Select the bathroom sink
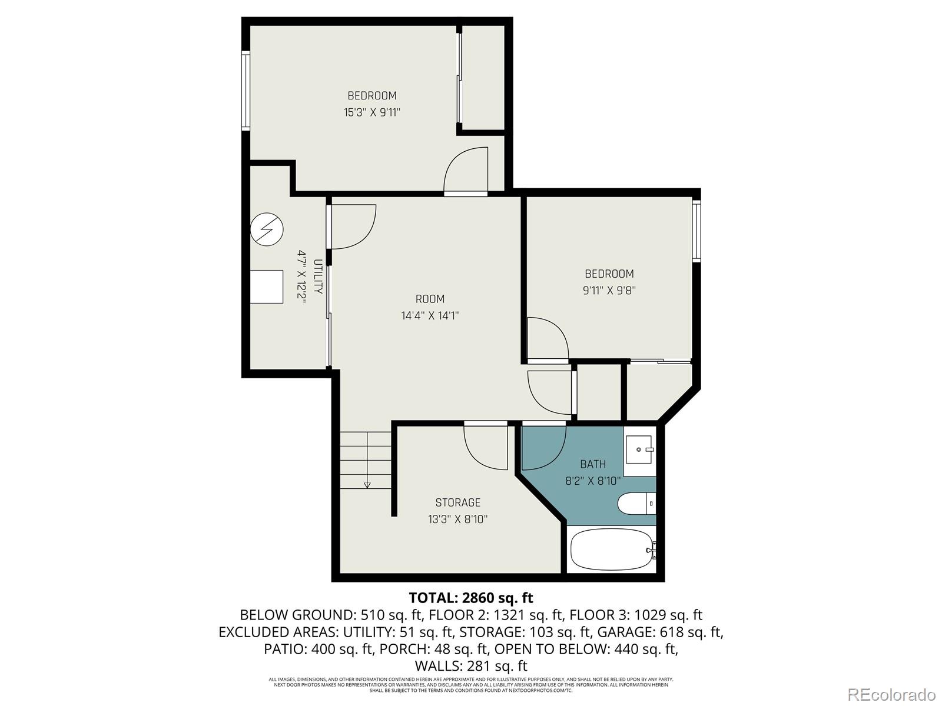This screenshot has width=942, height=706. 639,449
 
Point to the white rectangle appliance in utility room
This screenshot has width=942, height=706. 266,287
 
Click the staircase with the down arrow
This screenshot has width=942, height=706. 366,459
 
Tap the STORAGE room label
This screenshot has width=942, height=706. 457,502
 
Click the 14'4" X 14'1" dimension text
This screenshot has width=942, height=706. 430,316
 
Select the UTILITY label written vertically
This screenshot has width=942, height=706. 318,277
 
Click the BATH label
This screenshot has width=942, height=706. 592,464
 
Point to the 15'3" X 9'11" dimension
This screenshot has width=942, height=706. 372,112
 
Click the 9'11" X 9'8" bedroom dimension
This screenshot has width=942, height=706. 609,291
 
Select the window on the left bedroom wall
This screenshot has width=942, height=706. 246,89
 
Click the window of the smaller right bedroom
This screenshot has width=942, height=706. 696,231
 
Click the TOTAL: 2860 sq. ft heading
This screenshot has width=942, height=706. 470,598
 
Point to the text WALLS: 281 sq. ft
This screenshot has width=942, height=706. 470,666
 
